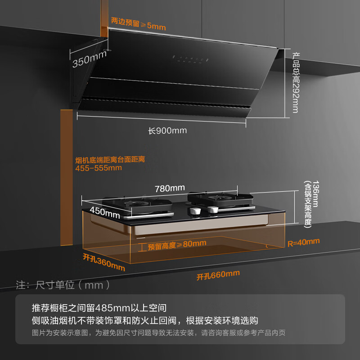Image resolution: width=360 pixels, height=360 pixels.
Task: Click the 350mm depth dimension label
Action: [90, 59]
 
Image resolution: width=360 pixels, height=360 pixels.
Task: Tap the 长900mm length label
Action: [167, 130]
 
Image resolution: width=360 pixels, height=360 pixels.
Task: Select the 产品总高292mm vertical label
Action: [296, 83]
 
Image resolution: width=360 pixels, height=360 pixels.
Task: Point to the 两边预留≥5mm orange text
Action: [139, 24]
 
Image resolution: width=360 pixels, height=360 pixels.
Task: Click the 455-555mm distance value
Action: [99, 168]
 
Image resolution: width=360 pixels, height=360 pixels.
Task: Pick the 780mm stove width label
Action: [170, 189]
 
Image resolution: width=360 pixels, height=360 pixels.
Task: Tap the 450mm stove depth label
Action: [105, 212]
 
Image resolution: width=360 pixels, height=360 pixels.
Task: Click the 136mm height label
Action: [315, 194]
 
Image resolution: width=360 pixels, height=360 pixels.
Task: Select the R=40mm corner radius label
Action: [303, 243]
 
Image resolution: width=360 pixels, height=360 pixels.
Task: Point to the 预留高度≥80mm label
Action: [177, 245]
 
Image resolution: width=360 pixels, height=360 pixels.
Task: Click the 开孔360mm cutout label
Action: [104, 262]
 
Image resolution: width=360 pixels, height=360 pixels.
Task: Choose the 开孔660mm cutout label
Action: [218, 275]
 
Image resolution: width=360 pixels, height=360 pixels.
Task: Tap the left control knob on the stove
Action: [195, 211]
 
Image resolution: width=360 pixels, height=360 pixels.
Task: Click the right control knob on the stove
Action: [213, 209]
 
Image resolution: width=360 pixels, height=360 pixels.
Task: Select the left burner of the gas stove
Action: [137, 204]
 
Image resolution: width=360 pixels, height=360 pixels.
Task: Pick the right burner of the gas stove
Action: [220, 198]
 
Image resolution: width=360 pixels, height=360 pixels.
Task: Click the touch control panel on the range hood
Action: [190, 59]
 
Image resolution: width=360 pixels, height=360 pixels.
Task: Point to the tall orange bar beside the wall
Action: [67, 177]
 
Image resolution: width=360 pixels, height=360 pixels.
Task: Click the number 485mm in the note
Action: [112, 308]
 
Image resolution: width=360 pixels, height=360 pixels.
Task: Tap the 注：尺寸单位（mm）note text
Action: [63, 285]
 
